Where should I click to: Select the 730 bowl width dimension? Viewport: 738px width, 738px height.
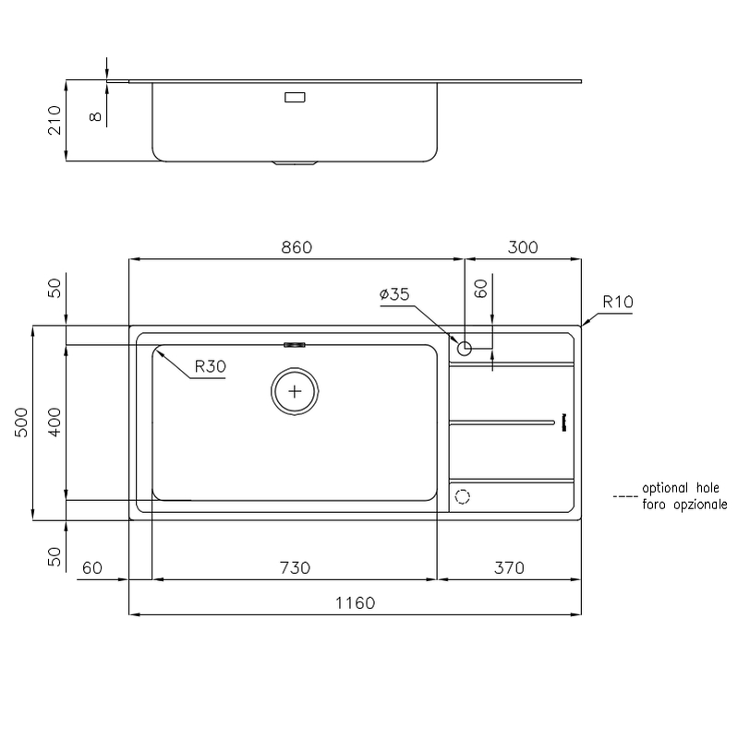[x=294, y=567]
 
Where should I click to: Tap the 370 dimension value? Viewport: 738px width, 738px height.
[x=508, y=567]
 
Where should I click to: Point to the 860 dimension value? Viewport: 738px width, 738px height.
[x=296, y=247]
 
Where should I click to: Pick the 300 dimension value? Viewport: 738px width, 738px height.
[x=522, y=247]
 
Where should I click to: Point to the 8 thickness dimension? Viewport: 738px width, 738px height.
[x=93, y=115]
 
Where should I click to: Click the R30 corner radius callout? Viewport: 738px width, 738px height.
[x=210, y=366]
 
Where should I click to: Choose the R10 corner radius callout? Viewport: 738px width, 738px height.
[x=617, y=302]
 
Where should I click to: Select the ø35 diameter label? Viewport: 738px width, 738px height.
[x=393, y=295]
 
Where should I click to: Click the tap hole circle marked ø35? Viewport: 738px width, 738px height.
[x=465, y=349]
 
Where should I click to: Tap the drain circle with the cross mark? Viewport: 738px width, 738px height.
[x=295, y=391]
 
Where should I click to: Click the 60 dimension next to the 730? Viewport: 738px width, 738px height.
[x=92, y=567]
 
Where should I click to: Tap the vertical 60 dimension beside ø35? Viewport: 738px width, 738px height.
[x=480, y=289]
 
